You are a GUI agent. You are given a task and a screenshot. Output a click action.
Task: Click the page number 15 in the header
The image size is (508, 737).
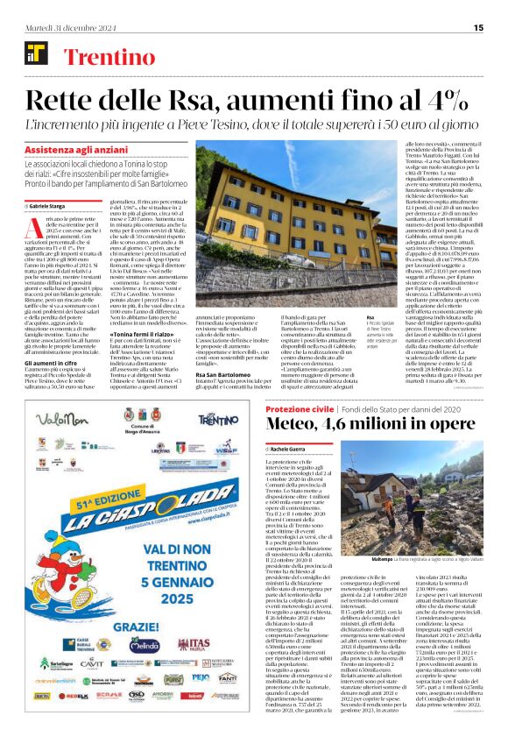(x=478, y=27)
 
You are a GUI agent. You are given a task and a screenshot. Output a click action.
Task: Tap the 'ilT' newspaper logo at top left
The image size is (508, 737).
(x=36, y=54)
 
